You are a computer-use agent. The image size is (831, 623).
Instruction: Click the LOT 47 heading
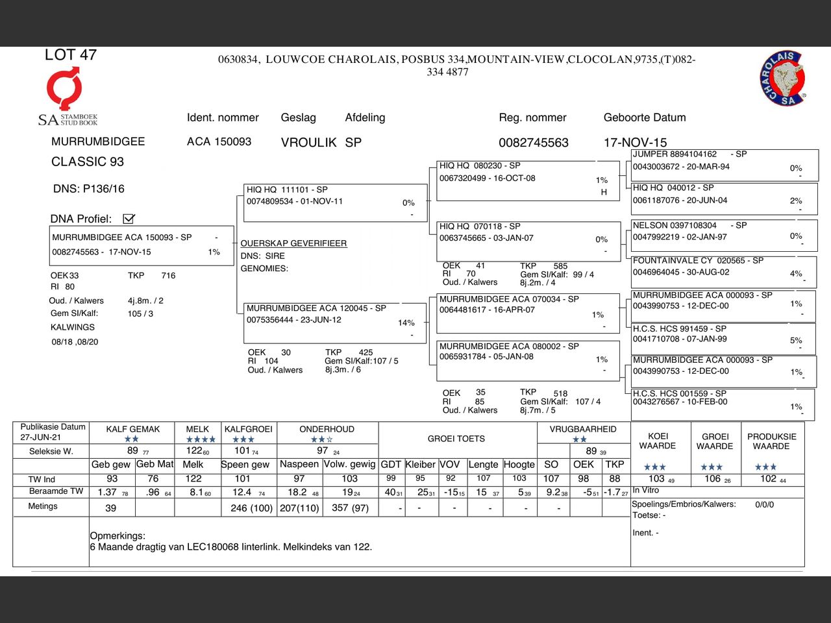pos(70,55)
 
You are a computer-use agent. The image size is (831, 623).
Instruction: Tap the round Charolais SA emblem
pos(783,79)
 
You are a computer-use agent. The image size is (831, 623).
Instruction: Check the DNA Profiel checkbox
pos(129,219)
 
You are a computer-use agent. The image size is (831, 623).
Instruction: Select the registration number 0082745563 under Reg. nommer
pos(533,143)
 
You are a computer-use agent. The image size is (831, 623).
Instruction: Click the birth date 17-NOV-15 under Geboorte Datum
pos(634,143)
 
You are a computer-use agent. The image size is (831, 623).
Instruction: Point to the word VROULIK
pos(308,143)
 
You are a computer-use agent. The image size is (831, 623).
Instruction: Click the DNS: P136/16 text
pos(88,189)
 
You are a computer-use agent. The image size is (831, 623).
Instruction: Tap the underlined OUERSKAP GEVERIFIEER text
pos(293,243)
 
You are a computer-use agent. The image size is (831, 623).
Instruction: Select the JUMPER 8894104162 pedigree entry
pos(675,154)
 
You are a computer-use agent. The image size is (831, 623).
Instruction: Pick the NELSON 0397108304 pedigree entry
pos(675,226)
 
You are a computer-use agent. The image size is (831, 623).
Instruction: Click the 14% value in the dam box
pos(406,323)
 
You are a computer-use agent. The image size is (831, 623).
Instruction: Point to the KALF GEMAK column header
pos(132,429)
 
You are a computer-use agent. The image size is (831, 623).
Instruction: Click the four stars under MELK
pos(201,439)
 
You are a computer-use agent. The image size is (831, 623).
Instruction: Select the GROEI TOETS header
pos(456,439)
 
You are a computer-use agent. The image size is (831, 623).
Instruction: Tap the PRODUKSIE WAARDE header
pos(771,441)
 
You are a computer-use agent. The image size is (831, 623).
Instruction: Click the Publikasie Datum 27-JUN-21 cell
pos(52,432)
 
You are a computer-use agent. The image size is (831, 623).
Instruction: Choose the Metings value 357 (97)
pos(349,508)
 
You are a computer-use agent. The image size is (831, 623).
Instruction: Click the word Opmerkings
pos(118,536)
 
